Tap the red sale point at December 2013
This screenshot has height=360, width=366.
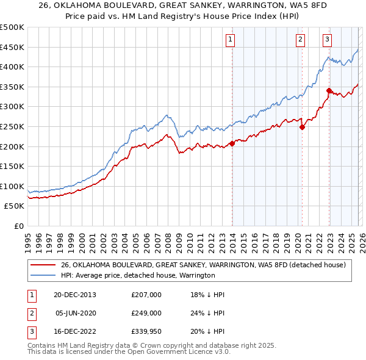pos(232,143)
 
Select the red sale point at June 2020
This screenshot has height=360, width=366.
pos(302,127)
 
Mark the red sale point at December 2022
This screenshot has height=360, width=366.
pos(329,90)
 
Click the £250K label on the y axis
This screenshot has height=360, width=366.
pos(12,126)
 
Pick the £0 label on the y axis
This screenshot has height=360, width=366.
pos(18,226)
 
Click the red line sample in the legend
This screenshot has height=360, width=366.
pos(43,265)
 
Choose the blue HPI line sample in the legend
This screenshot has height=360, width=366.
pos(43,275)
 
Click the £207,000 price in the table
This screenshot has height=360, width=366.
pos(146,295)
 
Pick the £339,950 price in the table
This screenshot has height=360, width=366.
pos(146,331)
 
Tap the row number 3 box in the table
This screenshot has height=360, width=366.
pos(30,331)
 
